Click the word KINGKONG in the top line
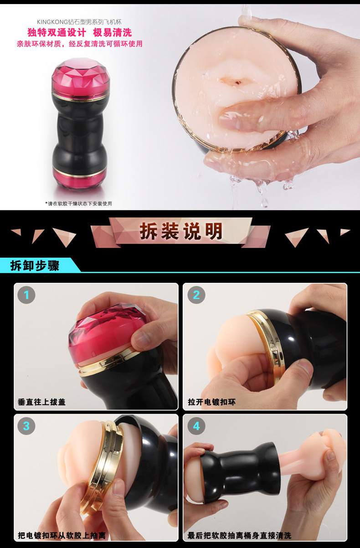coord(52,22)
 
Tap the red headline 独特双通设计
coord(57,32)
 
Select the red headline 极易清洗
coord(112,32)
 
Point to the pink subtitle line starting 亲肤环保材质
coord(79,44)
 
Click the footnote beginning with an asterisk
coord(78,204)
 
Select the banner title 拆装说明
coord(181,231)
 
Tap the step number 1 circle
coord(26,295)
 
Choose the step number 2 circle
coord(196,295)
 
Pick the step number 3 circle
coord(26,426)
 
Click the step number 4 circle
coord(196,426)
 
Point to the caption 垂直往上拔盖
coord(42,402)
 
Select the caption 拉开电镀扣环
coord(212,402)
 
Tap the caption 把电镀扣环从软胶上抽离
coord(62,536)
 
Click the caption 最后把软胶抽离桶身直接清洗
coord(239,536)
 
